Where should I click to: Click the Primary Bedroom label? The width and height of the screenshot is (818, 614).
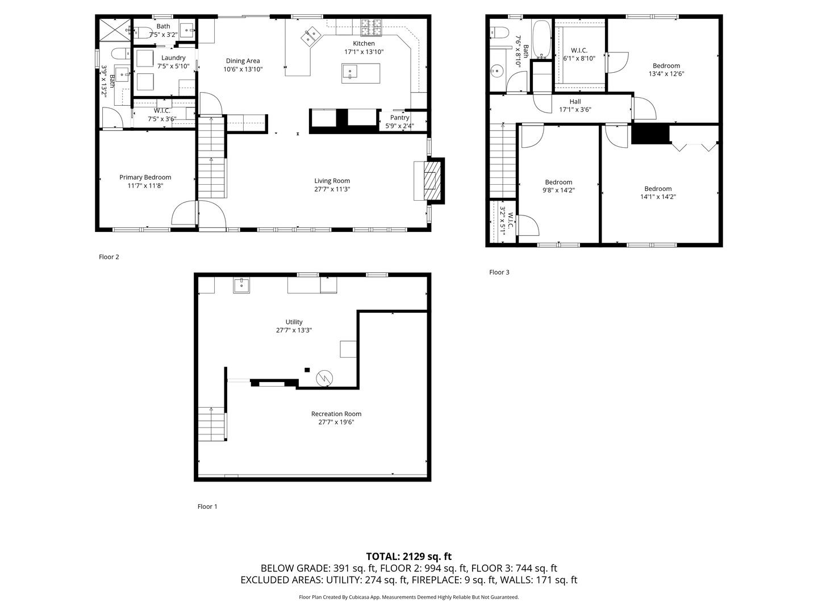click(145, 177)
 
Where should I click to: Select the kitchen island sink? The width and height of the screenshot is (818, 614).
click(350, 72)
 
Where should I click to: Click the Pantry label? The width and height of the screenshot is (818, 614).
click(399, 118)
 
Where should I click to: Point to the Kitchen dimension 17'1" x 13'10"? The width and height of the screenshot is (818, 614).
click(364, 52)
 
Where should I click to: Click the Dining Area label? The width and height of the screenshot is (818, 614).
click(243, 61)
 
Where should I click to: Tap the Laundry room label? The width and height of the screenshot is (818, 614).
click(173, 58)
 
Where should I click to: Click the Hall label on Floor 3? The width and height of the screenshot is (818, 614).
click(575, 102)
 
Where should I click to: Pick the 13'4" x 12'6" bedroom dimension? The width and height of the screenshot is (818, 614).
click(666, 73)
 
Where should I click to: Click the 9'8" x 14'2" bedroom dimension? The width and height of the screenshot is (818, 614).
click(558, 190)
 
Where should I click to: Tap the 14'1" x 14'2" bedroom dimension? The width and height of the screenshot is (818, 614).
click(658, 197)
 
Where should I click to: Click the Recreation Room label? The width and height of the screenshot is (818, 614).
click(336, 414)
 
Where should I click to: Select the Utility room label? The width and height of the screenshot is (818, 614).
click(294, 322)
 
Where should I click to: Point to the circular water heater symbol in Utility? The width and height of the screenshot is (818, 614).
click(325, 377)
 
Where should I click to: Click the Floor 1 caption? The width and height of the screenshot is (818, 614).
click(207, 507)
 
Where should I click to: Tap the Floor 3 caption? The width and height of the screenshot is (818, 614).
click(499, 272)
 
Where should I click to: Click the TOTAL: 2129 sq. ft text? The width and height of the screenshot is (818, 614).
click(408, 557)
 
